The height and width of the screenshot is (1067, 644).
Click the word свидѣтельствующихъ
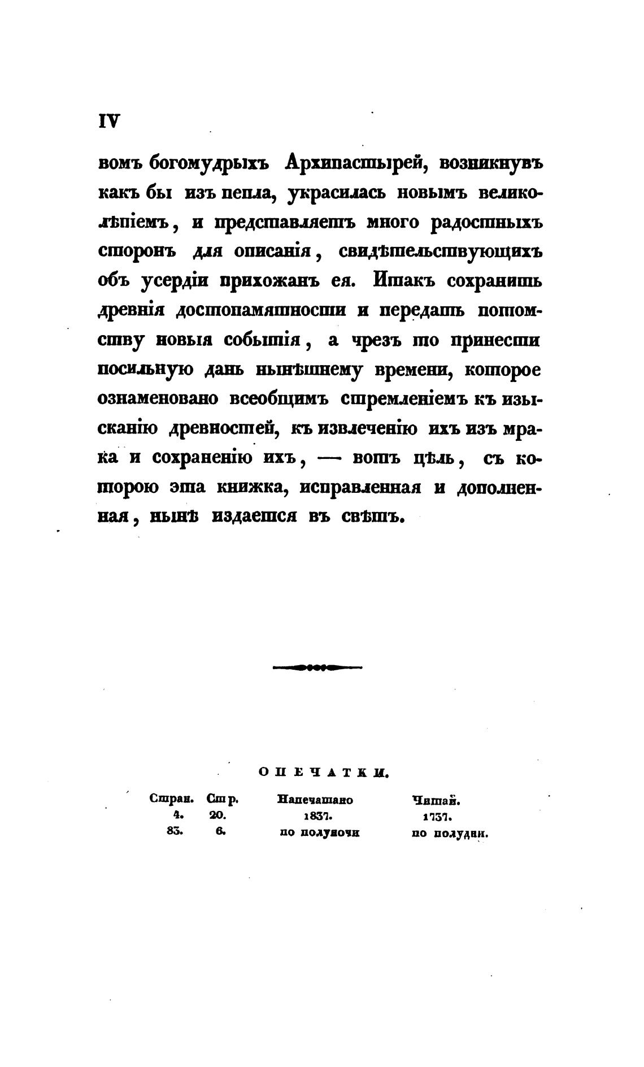440,252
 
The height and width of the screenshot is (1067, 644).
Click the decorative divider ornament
317,667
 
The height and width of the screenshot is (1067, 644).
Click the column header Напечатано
315,800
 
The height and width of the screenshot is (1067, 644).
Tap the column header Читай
437,800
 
